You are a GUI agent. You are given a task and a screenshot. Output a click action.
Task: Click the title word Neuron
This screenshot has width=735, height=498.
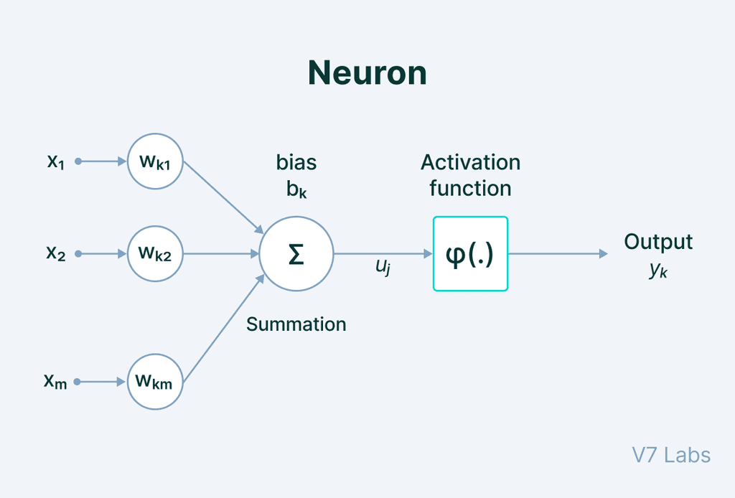tap(367, 73)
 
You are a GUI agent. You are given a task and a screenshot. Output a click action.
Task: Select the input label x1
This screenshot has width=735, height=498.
tap(56, 162)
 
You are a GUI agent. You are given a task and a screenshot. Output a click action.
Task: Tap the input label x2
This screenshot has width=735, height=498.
tap(56, 254)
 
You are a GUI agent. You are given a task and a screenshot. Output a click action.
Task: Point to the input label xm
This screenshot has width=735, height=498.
tap(55, 382)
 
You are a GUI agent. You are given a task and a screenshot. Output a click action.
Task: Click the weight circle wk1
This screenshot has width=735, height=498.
tap(155, 161)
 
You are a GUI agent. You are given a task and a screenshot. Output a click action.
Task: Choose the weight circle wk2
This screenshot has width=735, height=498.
tap(155, 253)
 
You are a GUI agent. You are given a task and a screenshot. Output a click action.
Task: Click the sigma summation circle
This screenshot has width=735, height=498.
tap(296, 254)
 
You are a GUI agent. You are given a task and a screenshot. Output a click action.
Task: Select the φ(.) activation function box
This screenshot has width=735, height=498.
tap(470, 254)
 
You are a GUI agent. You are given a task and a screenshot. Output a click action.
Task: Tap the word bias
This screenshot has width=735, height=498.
tap(296, 162)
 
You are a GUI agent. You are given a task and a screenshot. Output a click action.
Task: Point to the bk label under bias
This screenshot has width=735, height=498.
tap(296, 189)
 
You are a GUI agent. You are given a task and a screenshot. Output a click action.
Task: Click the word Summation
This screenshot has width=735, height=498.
tap(296, 324)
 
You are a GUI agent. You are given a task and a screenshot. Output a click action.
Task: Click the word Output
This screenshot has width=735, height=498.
tap(658, 242)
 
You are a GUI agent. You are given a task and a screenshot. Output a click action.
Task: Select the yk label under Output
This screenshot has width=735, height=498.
tap(658, 271)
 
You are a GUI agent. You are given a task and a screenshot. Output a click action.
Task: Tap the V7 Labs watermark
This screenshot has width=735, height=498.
tap(671, 455)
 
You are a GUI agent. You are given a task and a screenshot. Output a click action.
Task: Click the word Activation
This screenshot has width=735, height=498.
tap(470, 162)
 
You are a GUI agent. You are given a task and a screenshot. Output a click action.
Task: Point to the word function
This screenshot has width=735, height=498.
tap(470, 189)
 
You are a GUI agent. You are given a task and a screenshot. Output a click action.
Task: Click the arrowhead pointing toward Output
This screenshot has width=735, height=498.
tap(603, 254)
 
